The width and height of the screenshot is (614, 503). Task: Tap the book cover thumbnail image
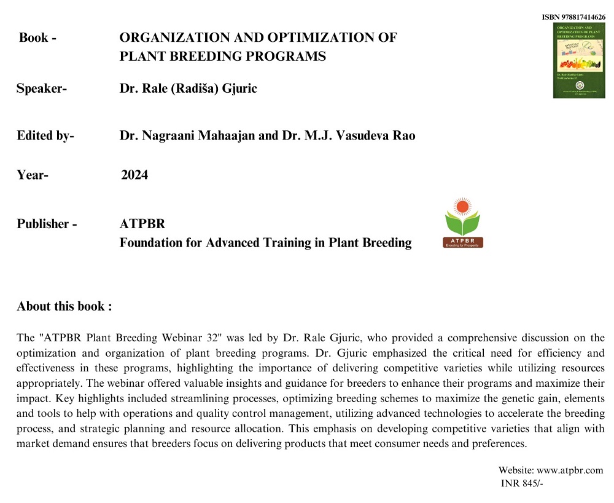click(579, 60)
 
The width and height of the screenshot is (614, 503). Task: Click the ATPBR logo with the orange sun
click(463, 223)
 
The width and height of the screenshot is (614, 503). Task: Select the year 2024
click(134, 175)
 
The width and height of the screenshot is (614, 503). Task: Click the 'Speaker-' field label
click(42, 89)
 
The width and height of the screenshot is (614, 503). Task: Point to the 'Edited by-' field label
click(45, 135)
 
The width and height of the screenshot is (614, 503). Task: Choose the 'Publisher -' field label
click(47, 224)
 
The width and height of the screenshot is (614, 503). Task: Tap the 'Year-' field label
click(33, 175)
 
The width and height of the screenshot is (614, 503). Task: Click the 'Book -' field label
click(38, 38)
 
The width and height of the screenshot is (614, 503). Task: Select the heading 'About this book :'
click(64, 306)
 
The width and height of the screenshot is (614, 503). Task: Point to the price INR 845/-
click(523, 483)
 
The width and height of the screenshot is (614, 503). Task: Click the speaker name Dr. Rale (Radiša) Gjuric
click(188, 89)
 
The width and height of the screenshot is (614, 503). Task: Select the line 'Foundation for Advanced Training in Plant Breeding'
click(265, 243)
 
